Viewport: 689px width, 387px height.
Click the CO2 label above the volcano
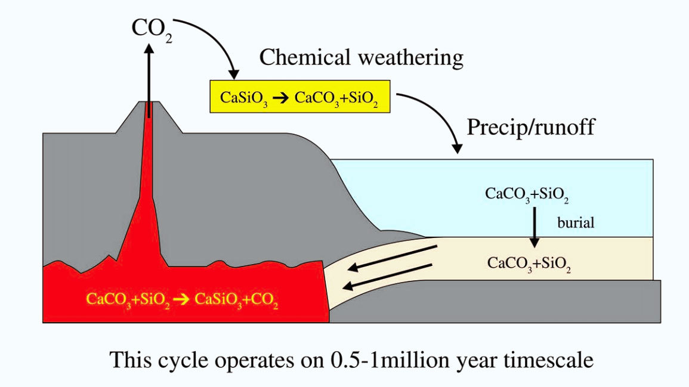pyautogui.click(x=152, y=29)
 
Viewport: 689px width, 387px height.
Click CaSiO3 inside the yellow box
pyautogui.click(x=243, y=98)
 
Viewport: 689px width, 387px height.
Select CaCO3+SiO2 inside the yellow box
pyautogui.click(x=336, y=98)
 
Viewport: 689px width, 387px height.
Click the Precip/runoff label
pyautogui.click(x=531, y=128)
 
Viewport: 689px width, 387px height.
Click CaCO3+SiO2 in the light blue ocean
pyautogui.click(x=527, y=194)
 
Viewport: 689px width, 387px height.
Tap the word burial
pyautogui.click(x=576, y=222)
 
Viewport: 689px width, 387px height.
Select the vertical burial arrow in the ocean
pyautogui.click(x=534, y=228)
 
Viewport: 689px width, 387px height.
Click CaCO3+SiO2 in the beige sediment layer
pyautogui.click(x=529, y=264)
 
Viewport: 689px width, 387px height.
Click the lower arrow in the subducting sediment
pyautogui.click(x=388, y=277)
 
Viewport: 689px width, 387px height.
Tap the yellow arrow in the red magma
pyautogui.click(x=181, y=299)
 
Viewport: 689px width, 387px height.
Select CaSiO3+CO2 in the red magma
pyautogui.click(x=236, y=300)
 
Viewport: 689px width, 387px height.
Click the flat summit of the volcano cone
pyautogui.click(x=149, y=102)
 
